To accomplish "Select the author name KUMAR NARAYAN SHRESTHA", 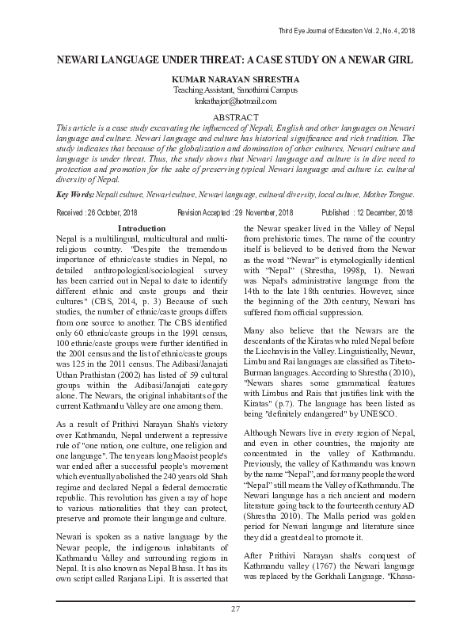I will [235, 80].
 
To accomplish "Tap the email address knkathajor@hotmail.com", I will [235, 101].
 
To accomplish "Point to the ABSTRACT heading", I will [235, 116].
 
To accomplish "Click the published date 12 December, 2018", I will [378, 213].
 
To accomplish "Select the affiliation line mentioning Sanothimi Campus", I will [235, 91].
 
